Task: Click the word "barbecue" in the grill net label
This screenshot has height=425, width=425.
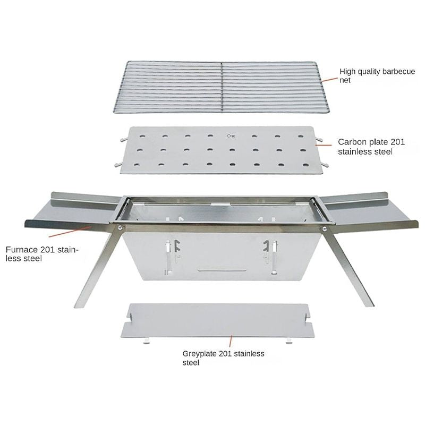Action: [x=398, y=71]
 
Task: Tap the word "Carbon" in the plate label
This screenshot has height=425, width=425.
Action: [x=352, y=142]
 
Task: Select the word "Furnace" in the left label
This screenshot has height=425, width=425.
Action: [x=22, y=249]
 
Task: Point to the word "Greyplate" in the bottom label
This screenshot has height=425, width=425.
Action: [x=200, y=354]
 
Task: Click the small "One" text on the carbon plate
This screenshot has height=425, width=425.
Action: [x=231, y=135]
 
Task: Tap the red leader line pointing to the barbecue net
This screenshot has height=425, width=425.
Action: [x=329, y=79]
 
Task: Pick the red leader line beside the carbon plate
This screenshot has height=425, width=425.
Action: [x=324, y=145]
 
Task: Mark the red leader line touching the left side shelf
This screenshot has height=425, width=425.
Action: [x=70, y=232]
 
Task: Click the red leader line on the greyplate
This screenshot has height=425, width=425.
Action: [x=231, y=341]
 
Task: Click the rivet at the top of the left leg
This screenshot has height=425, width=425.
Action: [x=120, y=228]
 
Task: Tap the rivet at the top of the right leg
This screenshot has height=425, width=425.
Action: [x=324, y=228]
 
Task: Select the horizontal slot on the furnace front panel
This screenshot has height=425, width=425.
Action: [x=222, y=270]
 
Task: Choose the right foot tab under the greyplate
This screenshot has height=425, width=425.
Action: [x=289, y=341]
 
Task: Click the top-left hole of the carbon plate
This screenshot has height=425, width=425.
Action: [x=142, y=137]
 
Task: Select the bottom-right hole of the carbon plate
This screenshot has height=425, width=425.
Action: [x=305, y=165]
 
